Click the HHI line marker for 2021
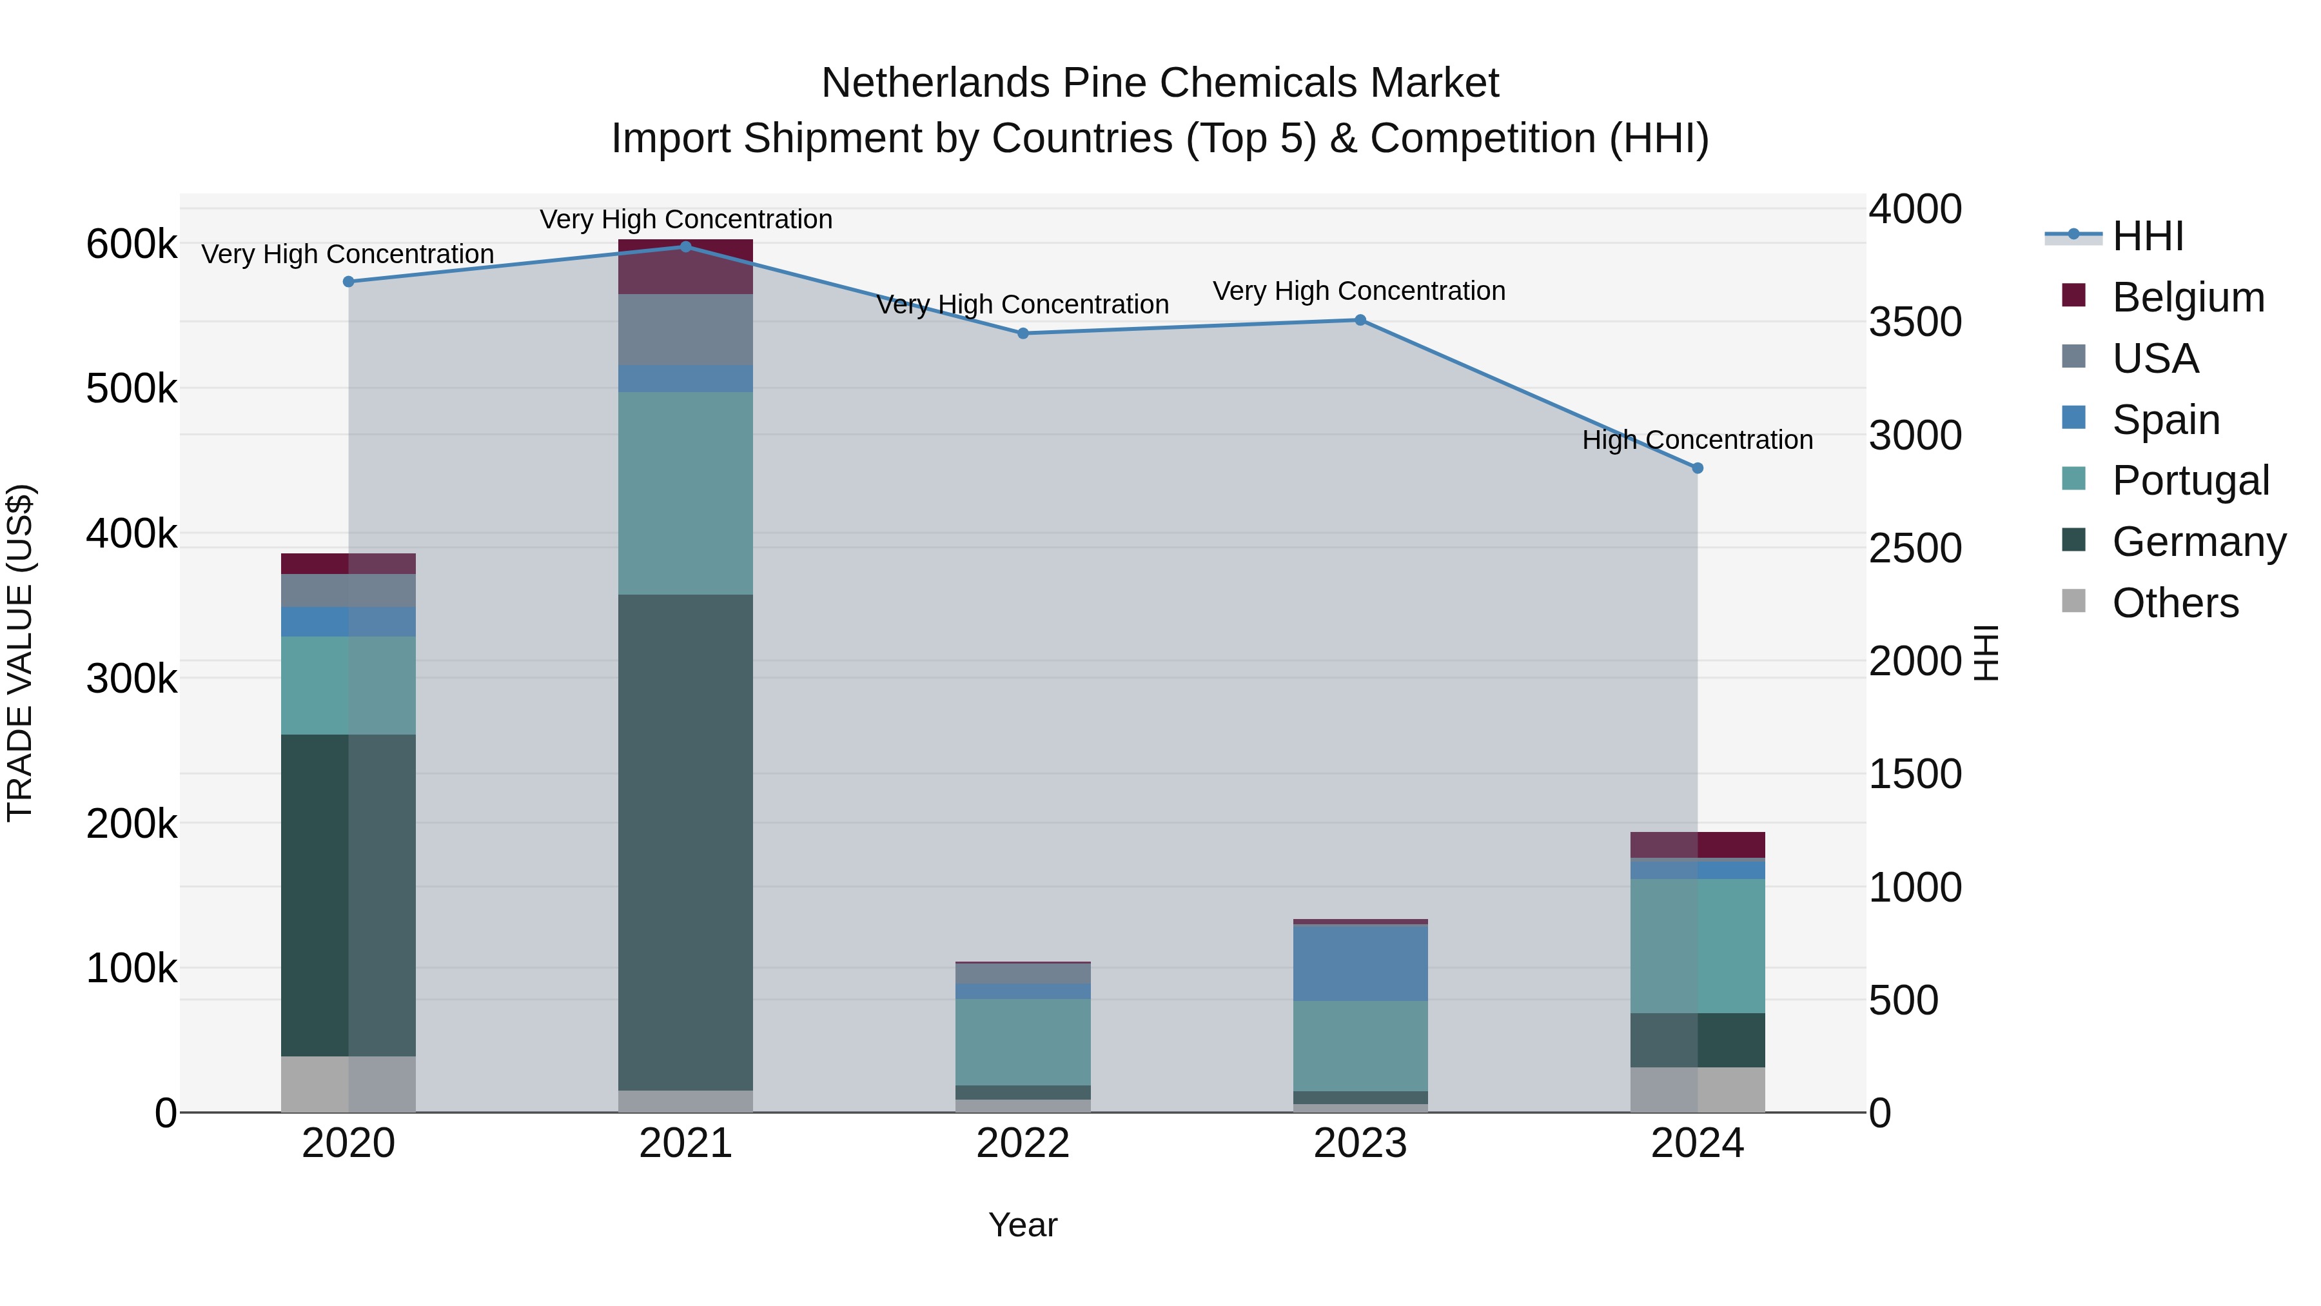[686, 247]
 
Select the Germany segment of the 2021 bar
[686, 843]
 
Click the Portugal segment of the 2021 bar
[686, 493]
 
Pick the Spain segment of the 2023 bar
[1360, 963]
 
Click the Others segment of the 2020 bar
[349, 1084]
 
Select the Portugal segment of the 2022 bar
[1023, 1042]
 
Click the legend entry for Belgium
[2187, 297]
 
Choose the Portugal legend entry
[2189, 480]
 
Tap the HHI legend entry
[2147, 236]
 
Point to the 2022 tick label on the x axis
[1023, 1143]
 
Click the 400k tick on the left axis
[132, 533]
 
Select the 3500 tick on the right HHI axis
[1915, 322]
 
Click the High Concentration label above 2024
[1698, 440]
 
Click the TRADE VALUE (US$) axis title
[20, 653]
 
